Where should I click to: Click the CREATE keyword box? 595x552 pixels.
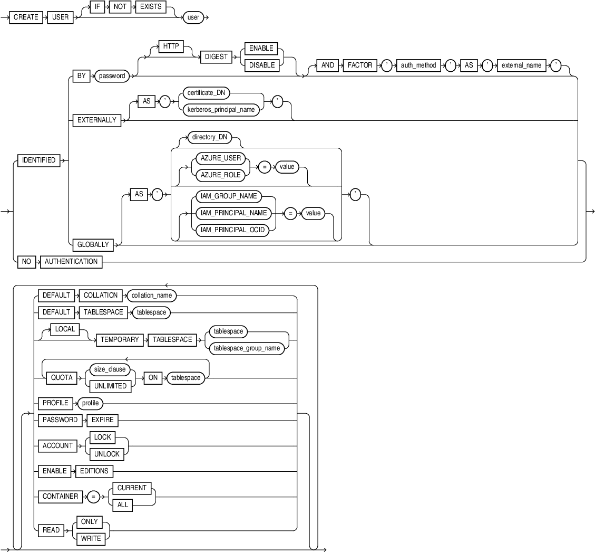(x=26, y=17)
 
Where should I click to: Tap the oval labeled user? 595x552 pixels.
(x=193, y=17)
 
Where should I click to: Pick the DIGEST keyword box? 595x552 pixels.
(x=216, y=57)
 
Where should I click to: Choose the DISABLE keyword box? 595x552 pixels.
(x=261, y=65)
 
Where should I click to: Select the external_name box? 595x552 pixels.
(x=521, y=65)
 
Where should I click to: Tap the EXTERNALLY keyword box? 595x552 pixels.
(x=96, y=120)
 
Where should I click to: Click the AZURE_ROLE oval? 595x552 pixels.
(x=217, y=175)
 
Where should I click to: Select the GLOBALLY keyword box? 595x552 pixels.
(x=93, y=244)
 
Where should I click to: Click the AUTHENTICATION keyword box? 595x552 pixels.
(x=71, y=261)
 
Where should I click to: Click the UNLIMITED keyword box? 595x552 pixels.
(x=110, y=386)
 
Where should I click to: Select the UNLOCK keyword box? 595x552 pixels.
(x=106, y=454)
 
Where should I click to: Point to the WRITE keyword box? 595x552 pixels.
(x=90, y=538)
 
